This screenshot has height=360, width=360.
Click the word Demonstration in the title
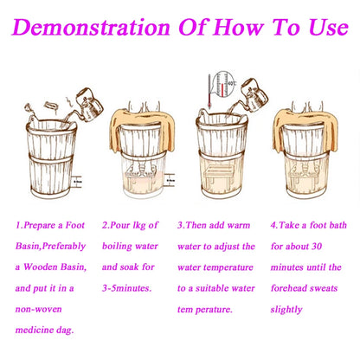pyautogui.click(x=91, y=27)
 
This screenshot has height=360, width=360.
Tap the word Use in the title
pyautogui.click(x=329, y=27)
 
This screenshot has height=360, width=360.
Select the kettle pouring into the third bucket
pyautogui.click(x=254, y=95)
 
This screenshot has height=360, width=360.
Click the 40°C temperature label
pyautogui.click(x=232, y=83)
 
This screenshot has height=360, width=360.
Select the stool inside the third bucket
pyautogui.click(x=218, y=174)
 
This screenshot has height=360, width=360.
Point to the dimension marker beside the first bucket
pyautogui.click(x=78, y=182)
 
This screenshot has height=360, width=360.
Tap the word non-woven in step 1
pyautogui.click(x=39, y=309)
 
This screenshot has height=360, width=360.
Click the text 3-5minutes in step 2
pyautogui.click(x=126, y=288)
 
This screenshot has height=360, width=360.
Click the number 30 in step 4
pyautogui.click(x=317, y=246)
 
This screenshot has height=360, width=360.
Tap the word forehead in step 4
pyautogui.click(x=286, y=288)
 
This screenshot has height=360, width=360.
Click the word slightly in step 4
pyautogui.click(x=286, y=310)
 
